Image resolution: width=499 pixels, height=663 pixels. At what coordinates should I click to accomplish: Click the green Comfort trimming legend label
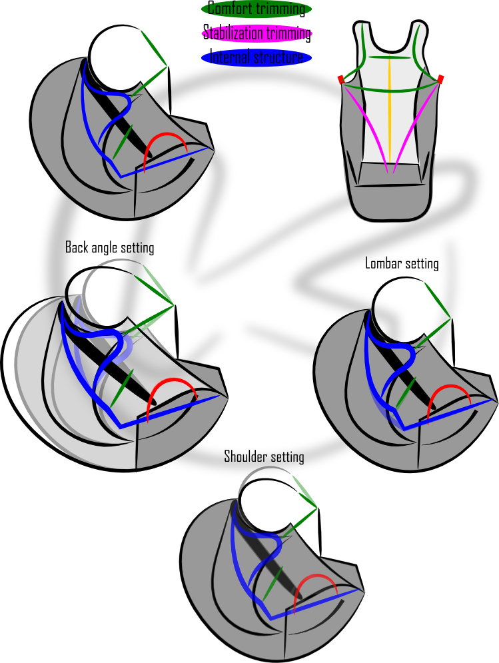click(256, 9)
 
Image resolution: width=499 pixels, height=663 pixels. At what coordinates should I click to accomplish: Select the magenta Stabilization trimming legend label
click(256, 33)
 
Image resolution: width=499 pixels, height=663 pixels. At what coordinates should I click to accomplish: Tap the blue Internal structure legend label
click(256, 58)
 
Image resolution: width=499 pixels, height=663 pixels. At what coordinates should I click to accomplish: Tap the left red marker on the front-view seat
click(340, 79)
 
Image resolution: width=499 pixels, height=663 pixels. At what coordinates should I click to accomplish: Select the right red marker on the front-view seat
click(441, 79)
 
